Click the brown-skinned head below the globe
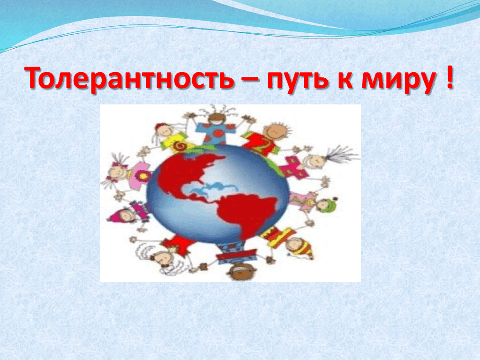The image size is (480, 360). (x=241, y=271)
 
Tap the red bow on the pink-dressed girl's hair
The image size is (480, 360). (x=116, y=165)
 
